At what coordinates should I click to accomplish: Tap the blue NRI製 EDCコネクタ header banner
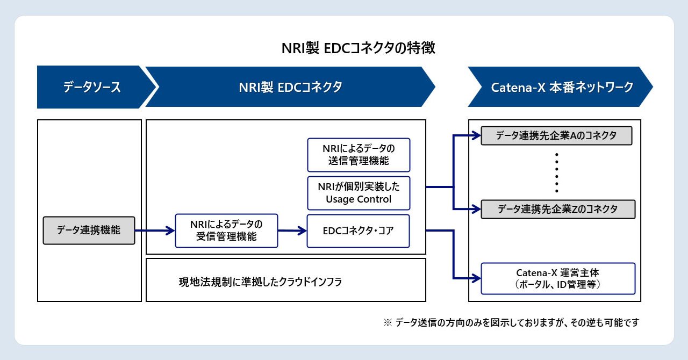[x=290, y=87]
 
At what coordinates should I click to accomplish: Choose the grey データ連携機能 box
[x=89, y=231]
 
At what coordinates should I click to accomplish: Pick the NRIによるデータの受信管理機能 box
[x=226, y=231]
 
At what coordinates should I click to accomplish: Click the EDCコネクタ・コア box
[x=358, y=231]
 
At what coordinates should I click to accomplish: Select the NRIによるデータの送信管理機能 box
[x=359, y=155]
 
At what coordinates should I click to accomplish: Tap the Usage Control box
[x=359, y=193]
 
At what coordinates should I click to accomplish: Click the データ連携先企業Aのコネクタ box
[x=556, y=135]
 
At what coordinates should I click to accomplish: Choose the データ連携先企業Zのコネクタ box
[x=557, y=209]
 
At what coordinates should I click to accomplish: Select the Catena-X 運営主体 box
[x=557, y=278]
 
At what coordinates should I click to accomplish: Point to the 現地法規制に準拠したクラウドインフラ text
[x=260, y=282]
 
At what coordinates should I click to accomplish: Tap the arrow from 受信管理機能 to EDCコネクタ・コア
[x=292, y=231]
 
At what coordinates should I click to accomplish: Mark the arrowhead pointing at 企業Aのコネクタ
[x=476, y=135]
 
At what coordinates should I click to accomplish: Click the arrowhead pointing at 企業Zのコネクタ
[x=476, y=209]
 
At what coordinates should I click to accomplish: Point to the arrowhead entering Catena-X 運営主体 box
[x=476, y=278]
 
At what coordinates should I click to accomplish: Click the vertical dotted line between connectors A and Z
[x=557, y=172]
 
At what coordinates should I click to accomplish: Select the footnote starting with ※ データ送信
[x=511, y=322]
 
